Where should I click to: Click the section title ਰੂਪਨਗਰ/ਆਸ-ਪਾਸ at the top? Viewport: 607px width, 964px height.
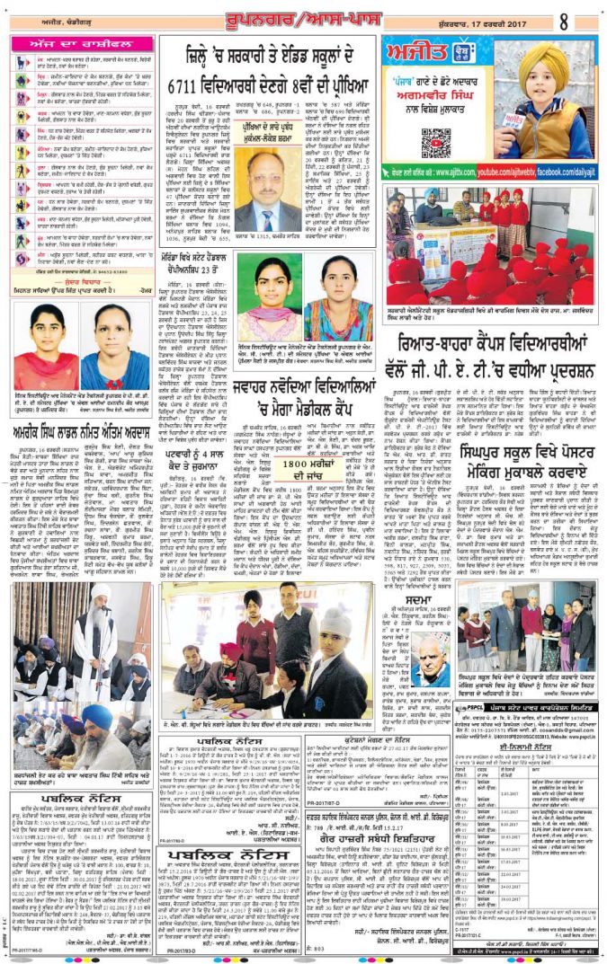[x=304, y=17]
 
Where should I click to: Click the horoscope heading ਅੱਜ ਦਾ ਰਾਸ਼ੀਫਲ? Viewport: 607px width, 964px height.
[x=83, y=44]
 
